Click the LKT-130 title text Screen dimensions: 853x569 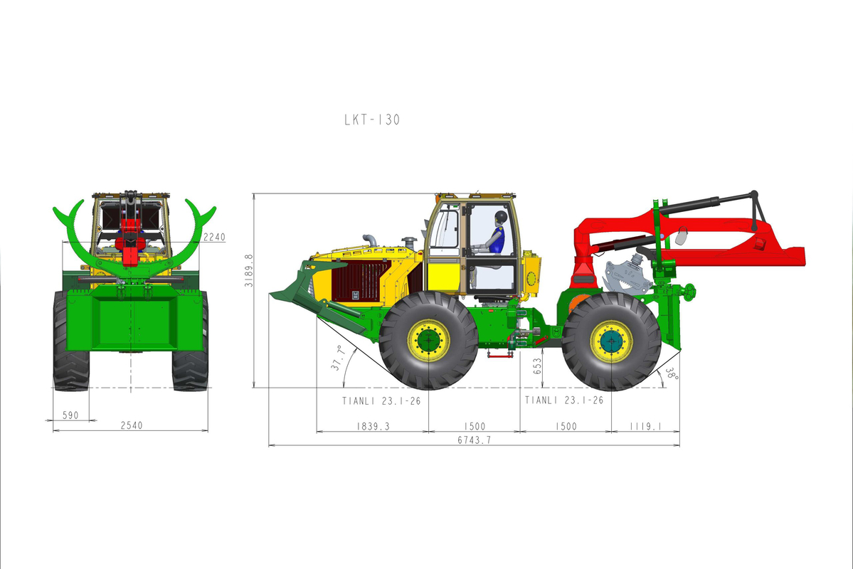(x=372, y=119)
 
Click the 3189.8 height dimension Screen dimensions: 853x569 (x=248, y=270)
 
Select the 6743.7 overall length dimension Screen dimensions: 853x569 (x=475, y=440)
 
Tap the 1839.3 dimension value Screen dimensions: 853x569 (x=373, y=426)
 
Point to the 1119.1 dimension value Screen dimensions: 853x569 (x=646, y=426)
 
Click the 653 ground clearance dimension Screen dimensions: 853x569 (x=537, y=366)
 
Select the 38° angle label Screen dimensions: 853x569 (x=672, y=374)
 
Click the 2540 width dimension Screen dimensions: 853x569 (x=132, y=425)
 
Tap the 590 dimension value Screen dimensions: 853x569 (x=70, y=415)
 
